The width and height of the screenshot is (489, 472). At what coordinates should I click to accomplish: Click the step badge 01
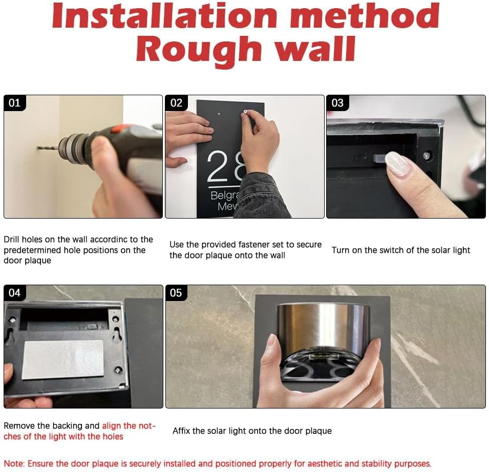click(15, 103)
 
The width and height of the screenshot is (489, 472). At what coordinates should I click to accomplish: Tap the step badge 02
click(176, 103)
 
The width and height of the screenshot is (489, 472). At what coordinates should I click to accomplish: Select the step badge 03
click(337, 103)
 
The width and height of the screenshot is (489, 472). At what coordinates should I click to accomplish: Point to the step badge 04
click(15, 293)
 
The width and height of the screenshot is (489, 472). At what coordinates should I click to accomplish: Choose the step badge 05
click(176, 293)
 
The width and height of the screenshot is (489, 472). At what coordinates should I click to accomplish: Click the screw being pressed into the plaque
click(245, 112)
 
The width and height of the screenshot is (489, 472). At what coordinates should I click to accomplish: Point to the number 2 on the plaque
click(218, 166)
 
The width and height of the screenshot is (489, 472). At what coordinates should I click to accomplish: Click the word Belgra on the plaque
click(225, 196)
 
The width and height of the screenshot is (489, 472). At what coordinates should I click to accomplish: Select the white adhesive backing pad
click(63, 359)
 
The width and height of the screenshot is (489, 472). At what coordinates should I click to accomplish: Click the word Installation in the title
click(164, 15)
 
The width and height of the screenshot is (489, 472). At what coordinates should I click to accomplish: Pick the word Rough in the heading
click(199, 49)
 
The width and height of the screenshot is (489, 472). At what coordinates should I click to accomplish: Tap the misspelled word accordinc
click(109, 240)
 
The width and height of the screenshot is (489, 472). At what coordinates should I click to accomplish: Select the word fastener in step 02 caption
click(254, 244)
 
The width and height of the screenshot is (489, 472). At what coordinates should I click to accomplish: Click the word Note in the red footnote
click(14, 464)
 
